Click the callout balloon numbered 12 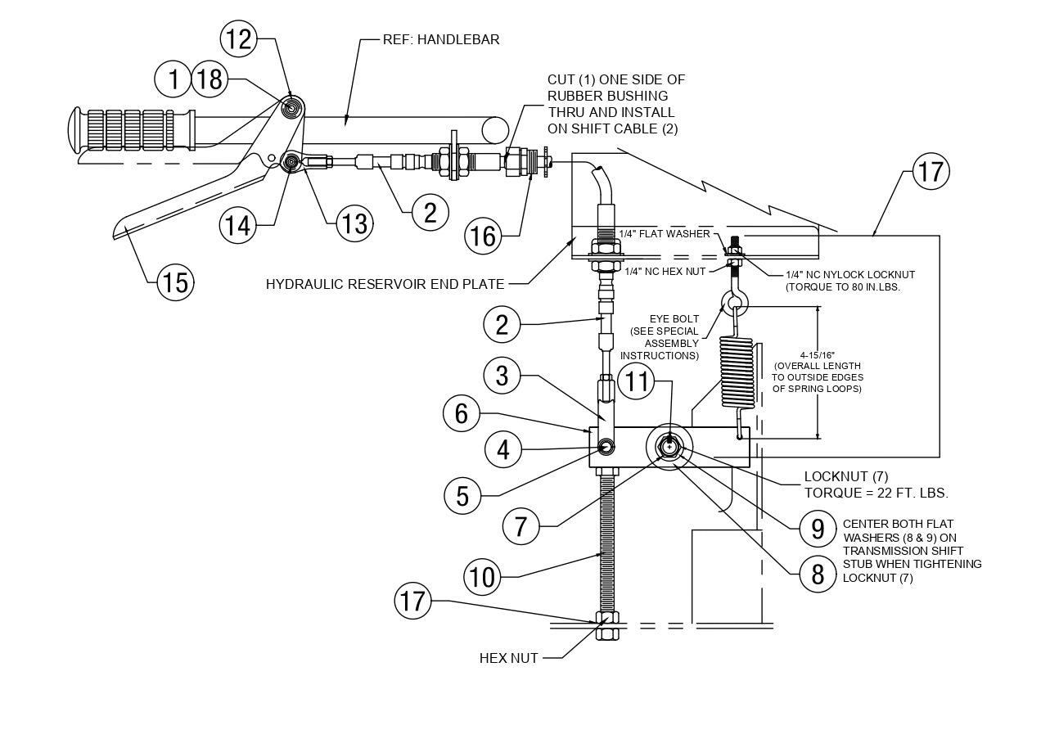[x=238, y=38]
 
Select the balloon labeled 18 [x=210, y=79]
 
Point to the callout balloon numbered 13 [x=354, y=223]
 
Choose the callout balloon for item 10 [x=483, y=577]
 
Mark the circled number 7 [x=521, y=526]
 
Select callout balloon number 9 [x=818, y=529]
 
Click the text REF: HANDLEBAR [x=441, y=39]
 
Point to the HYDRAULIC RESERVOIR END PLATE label [x=385, y=284]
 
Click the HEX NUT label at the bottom [x=508, y=658]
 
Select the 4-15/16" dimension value [x=818, y=354]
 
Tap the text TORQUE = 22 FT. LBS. [x=876, y=493]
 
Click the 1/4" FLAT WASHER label [x=664, y=234]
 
